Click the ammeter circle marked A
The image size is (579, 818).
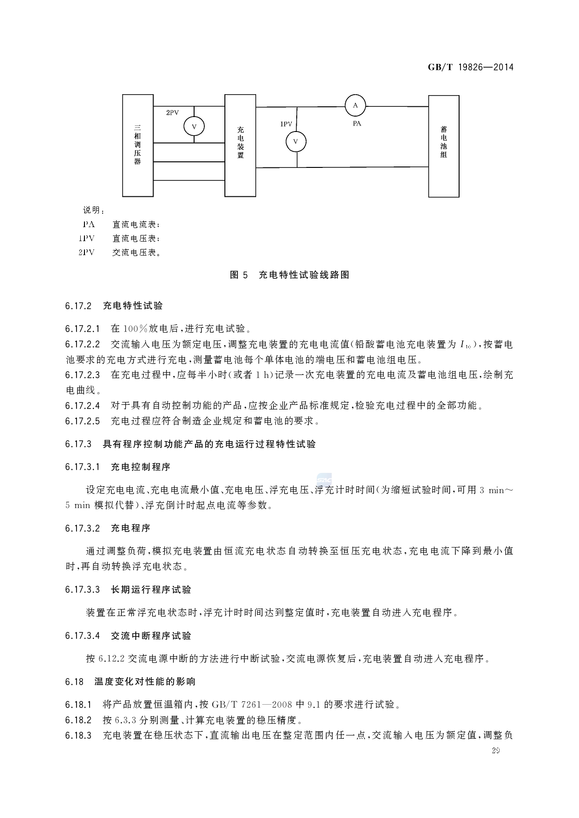pyautogui.click(x=355, y=105)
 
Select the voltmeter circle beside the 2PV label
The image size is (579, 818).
pyautogui.click(x=194, y=126)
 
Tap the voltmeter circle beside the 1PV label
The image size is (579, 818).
pyautogui.click(x=296, y=141)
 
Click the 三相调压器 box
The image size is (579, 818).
pyautogui.click(x=138, y=145)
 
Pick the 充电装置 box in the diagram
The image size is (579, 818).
pyautogui.click(x=240, y=145)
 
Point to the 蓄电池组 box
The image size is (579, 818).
pyautogui.click(x=444, y=146)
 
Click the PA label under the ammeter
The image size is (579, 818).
pyautogui.click(x=357, y=124)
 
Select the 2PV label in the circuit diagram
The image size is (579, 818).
pyautogui.click(x=173, y=112)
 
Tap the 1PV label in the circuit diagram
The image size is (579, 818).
pyautogui.click(x=286, y=124)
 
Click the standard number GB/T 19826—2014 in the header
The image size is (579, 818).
pyautogui.click(x=470, y=67)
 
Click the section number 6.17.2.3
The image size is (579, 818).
pyautogui.click(x=83, y=375)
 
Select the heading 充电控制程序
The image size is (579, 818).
pyautogui.click(x=140, y=467)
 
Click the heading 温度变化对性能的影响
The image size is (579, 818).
pyautogui.click(x=145, y=682)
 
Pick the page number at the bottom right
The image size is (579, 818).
pyautogui.click(x=495, y=751)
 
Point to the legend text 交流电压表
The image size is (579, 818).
pyautogui.click(x=135, y=253)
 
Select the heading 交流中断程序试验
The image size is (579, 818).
pyautogui.click(x=151, y=636)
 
